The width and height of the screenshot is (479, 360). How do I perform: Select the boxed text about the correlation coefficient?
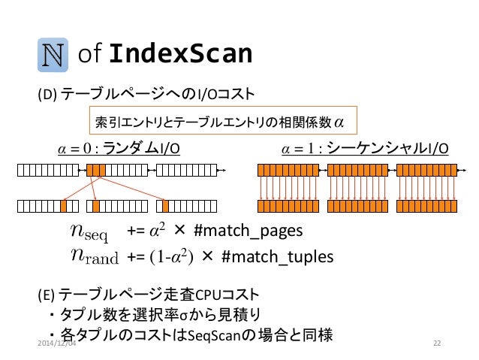pos(221,119)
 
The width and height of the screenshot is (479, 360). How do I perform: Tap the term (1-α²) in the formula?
pos(172,257)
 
